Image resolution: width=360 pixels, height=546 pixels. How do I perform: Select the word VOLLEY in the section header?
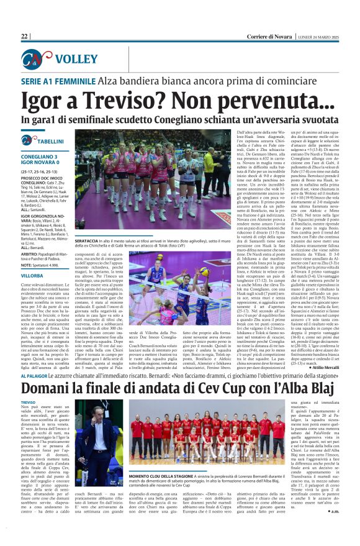tap(76, 60)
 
